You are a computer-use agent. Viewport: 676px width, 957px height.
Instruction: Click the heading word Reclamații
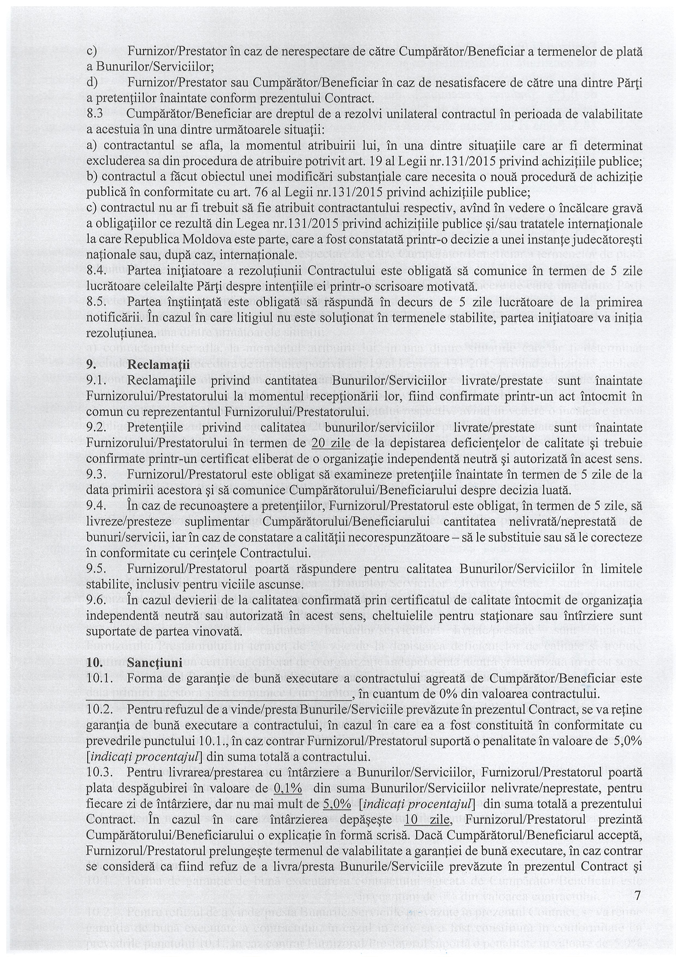(x=158, y=365)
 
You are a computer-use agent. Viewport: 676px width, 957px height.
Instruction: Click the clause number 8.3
(x=95, y=114)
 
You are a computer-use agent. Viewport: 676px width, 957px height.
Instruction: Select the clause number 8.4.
(x=96, y=271)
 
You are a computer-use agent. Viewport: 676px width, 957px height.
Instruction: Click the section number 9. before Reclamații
(x=91, y=365)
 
